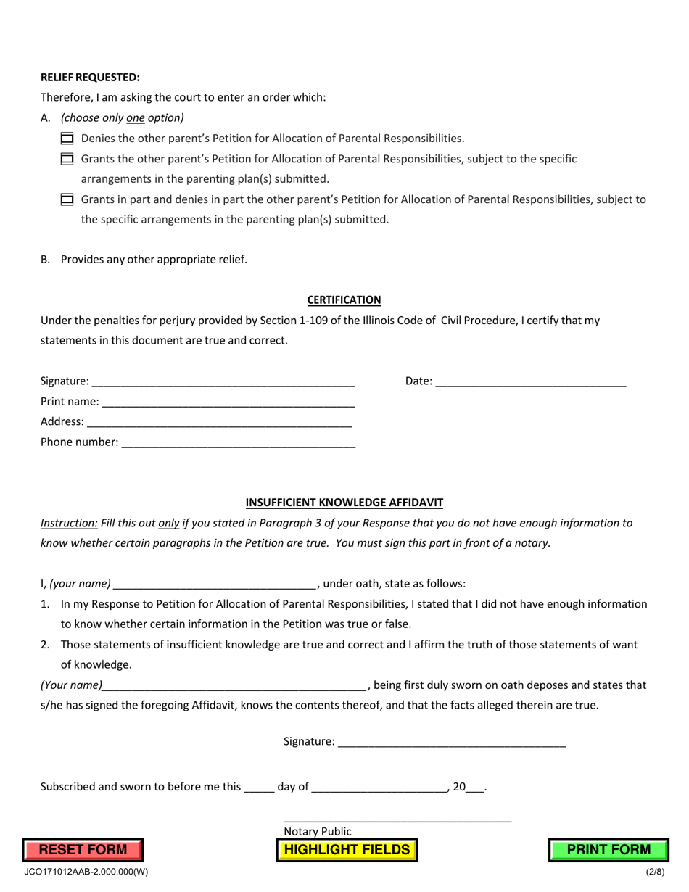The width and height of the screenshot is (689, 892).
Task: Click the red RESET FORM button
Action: click(83, 850)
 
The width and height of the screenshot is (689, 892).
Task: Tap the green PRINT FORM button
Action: click(608, 850)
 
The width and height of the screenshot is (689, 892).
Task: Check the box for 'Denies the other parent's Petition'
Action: click(67, 139)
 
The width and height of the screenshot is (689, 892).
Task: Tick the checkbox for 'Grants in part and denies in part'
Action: click(67, 199)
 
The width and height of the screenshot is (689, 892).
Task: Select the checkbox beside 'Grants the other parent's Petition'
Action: click(67, 159)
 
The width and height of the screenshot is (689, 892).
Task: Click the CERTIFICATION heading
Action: click(344, 300)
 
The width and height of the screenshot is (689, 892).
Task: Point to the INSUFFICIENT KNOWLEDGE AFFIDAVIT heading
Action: click(344, 502)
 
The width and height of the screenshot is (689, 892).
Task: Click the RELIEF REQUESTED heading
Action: click(90, 77)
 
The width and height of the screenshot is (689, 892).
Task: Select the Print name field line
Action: click(228, 402)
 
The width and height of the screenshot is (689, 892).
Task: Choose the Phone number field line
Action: click(239, 443)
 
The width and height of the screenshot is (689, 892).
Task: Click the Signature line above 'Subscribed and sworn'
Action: click(452, 743)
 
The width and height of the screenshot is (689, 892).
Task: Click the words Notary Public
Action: click(318, 831)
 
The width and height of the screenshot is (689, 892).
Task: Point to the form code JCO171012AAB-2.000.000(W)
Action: click(86, 872)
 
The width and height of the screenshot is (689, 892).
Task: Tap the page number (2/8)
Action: click(655, 872)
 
